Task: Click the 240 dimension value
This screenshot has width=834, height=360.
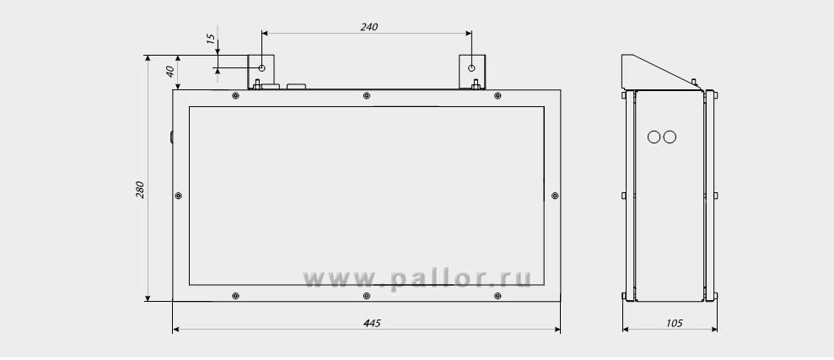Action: coord(369,27)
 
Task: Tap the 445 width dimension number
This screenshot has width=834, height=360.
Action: coord(372,323)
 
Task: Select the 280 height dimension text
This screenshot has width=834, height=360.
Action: coord(140,190)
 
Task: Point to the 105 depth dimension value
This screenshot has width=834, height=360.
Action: coord(674,323)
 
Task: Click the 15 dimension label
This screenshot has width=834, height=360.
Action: coord(211,39)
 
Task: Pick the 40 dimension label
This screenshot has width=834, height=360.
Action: coord(170,72)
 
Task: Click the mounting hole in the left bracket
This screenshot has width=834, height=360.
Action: coord(261,68)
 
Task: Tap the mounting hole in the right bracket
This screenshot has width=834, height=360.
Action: coord(471,68)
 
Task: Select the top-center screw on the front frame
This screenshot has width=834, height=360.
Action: coord(367,96)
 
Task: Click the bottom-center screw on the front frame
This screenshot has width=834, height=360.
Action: coord(367,296)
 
